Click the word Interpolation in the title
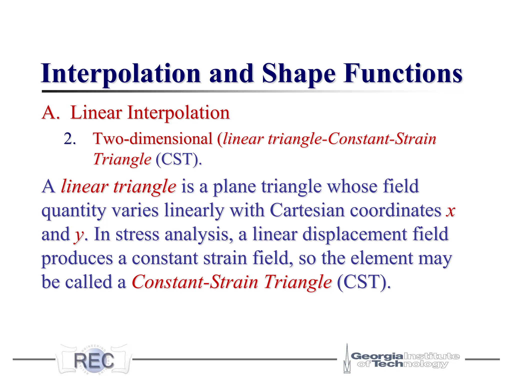[x=121, y=74]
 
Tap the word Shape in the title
[x=298, y=74]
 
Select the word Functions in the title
[x=402, y=74]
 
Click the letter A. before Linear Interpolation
[x=51, y=113]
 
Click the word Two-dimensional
[x=152, y=138]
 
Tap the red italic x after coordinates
[x=450, y=210]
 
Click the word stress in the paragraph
[x=137, y=234]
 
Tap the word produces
[x=77, y=258]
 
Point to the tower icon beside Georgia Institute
[x=347, y=359]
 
